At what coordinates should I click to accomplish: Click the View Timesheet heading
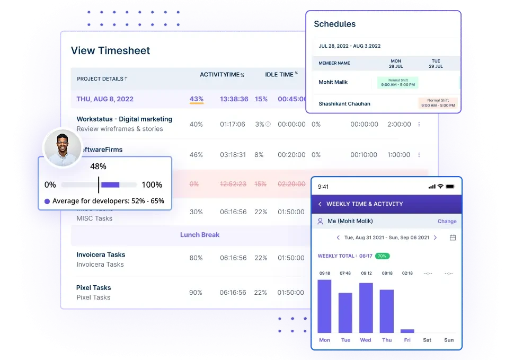(110, 51)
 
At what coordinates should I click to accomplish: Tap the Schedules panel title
(334, 24)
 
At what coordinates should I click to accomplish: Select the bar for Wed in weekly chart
(366, 308)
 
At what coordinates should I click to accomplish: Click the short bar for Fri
(407, 330)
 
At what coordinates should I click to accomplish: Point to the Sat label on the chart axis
(427, 340)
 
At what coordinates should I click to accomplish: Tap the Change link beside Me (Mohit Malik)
(447, 221)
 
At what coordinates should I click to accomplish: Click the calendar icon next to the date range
(453, 238)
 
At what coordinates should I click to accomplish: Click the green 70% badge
(382, 256)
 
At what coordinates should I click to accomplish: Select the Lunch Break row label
(199, 235)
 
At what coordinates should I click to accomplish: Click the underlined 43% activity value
(197, 99)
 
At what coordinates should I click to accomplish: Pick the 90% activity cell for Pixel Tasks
(196, 293)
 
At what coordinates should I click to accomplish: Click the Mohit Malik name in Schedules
(333, 82)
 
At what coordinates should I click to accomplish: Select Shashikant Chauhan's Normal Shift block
(438, 103)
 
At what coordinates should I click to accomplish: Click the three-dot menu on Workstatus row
(419, 125)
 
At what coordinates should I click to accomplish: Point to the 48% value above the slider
(98, 166)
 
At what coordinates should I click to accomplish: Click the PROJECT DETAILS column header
(102, 79)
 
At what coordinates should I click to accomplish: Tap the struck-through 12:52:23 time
(233, 184)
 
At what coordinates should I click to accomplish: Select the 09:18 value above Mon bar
(324, 273)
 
